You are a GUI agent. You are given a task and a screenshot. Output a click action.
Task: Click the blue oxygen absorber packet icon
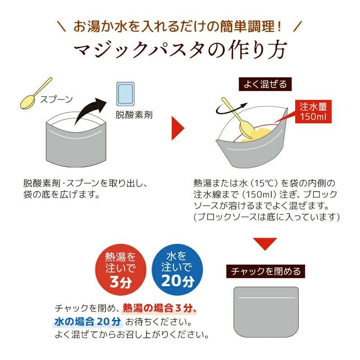click(x=126, y=94)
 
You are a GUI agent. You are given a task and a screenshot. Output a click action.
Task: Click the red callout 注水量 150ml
click(x=313, y=112)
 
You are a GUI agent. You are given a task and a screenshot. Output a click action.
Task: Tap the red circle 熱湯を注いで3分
click(x=120, y=270)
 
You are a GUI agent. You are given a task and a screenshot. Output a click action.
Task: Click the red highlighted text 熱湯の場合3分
click(x=160, y=308)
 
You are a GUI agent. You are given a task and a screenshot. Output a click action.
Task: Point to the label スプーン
click(x=57, y=100)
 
